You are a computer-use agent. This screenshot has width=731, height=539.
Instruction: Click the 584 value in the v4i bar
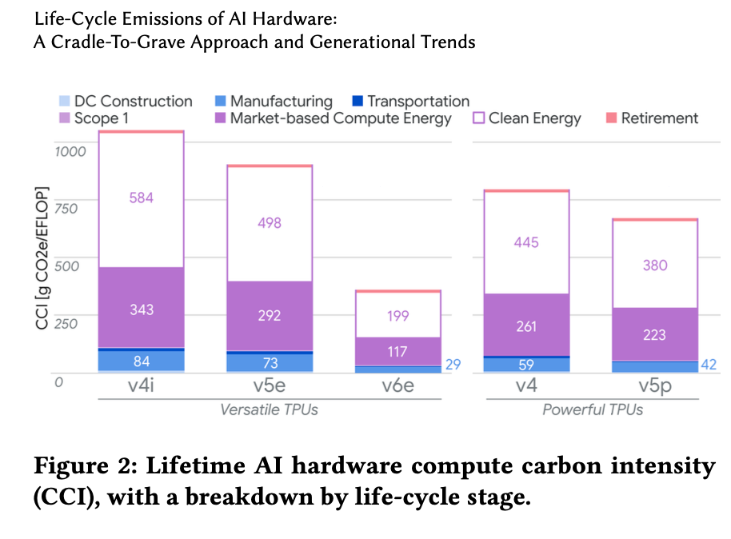click(x=141, y=197)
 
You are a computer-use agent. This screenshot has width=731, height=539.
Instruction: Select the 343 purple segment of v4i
click(x=141, y=309)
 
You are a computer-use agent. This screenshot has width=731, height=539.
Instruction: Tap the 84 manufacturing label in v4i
click(x=141, y=361)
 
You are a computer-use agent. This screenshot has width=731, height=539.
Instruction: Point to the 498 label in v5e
click(x=270, y=223)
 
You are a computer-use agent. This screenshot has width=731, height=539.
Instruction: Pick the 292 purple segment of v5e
click(x=270, y=315)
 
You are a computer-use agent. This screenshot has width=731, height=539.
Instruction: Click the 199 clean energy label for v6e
click(x=397, y=316)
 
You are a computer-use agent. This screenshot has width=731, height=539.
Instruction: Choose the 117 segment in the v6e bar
click(x=397, y=351)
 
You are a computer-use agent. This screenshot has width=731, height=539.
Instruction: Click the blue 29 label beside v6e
click(x=453, y=364)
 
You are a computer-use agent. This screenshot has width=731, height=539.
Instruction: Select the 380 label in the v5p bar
click(x=654, y=266)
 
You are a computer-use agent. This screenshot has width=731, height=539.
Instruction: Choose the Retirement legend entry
click(x=660, y=118)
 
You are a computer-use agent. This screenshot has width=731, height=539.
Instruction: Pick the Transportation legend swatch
click(x=358, y=101)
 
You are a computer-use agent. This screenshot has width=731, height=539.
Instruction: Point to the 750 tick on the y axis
click(x=67, y=208)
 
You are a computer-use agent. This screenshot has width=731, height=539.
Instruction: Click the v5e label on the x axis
click(x=270, y=387)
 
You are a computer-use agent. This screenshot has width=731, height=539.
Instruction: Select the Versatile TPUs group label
click(x=269, y=409)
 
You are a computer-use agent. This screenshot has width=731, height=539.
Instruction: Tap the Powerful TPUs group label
click(x=593, y=409)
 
